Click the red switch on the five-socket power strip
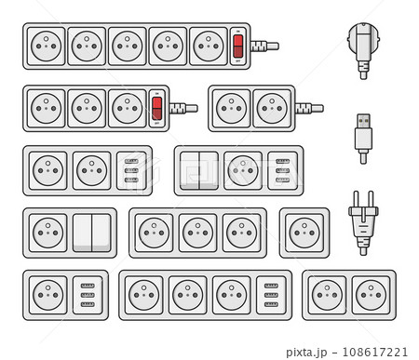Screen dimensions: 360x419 237,45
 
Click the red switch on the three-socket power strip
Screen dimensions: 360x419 156,108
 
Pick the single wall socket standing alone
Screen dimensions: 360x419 304,233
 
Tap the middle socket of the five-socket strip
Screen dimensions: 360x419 127,46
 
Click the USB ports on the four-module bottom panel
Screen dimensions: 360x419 270,295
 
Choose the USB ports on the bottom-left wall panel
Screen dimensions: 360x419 88,295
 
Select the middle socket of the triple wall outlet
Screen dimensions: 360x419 195,233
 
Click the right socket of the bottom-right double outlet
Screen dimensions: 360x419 371,295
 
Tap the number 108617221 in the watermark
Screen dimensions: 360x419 375,352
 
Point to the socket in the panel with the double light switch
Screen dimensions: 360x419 242,170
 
